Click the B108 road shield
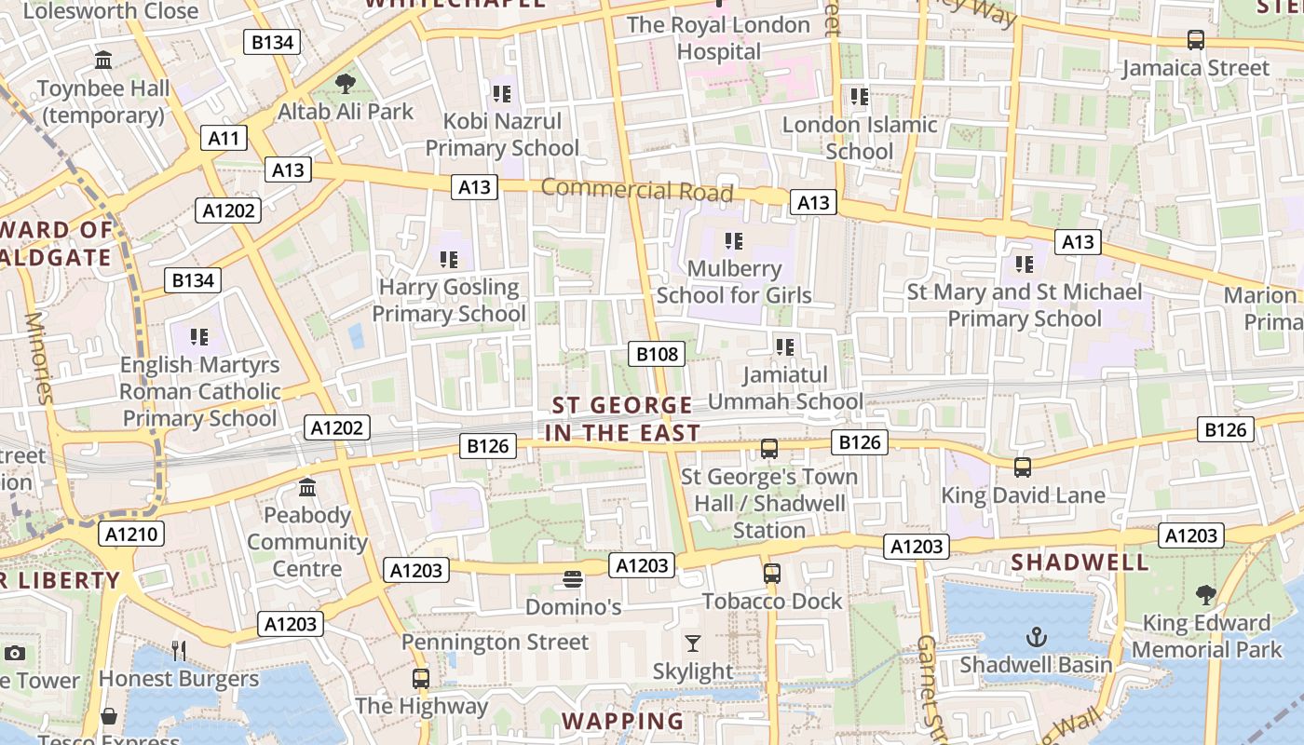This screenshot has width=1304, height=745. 658,354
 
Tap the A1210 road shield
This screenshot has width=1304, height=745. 134,534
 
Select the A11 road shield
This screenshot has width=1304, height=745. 224,139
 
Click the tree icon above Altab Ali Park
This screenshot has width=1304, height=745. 346,84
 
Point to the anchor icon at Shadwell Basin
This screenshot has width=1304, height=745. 1036,637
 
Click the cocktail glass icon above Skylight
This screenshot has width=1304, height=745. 692,643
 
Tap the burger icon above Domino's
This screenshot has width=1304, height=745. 573,580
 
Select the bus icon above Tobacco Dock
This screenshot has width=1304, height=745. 771,574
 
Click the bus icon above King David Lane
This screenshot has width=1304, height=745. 1022,467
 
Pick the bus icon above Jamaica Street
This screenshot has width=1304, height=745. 1196,40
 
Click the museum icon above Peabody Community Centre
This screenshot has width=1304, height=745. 307,487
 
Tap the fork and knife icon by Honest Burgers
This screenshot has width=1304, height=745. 179,650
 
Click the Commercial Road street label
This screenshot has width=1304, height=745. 637,190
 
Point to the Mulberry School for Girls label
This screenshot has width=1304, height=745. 734,282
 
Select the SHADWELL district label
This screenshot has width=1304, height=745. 1080,562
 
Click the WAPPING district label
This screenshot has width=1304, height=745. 622,721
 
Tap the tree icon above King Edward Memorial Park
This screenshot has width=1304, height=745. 1206,595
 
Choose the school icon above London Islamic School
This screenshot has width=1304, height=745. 860,97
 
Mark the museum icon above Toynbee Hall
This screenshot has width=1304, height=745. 104,61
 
